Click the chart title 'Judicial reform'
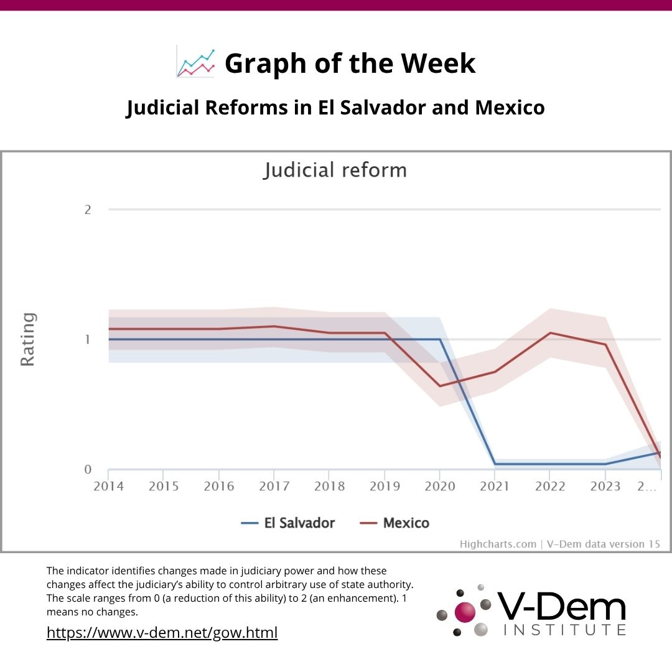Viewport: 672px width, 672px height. click(x=335, y=170)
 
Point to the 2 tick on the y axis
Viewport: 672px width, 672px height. click(x=88, y=210)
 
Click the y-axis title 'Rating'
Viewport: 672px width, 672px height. click(x=28, y=339)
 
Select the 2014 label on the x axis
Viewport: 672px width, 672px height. click(x=108, y=487)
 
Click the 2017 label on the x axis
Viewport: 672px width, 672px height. click(x=274, y=487)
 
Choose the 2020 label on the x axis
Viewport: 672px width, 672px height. click(x=440, y=487)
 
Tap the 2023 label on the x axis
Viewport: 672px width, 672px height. click(x=605, y=487)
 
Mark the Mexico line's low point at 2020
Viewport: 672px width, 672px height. click(x=440, y=386)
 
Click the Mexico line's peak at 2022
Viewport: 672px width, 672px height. click(x=550, y=333)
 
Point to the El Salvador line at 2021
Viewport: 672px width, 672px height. click(x=495, y=464)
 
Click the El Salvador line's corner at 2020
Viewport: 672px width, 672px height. click(x=440, y=339)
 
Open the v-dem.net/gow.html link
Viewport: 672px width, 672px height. click(x=162, y=633)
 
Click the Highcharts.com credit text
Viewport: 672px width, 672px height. click(x=498, y=544)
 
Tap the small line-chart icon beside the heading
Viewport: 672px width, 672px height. click(x=195, y=62)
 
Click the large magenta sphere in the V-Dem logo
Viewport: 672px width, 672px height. click(x=465, y=611)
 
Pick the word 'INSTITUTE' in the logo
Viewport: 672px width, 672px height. click(x=564, y=630)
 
